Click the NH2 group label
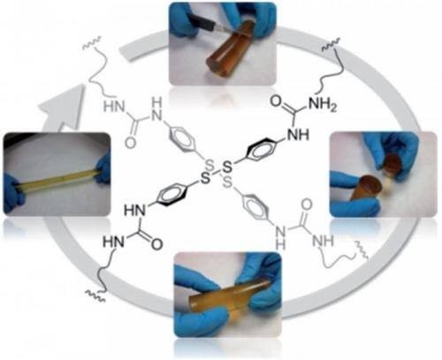coord(322,104)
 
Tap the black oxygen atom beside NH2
coord(276,101)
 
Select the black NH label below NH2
coord(299,135)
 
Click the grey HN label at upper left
coord(114,106)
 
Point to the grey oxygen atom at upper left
coord(131,142)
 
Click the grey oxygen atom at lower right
coord(307,205)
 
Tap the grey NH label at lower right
coord(323,241)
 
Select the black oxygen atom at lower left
coord(156,244)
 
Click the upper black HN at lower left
coord(134,211)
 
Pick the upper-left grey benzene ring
coord(182,140)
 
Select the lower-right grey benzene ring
coord(255,205)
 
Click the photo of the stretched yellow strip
coord(57,173)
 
